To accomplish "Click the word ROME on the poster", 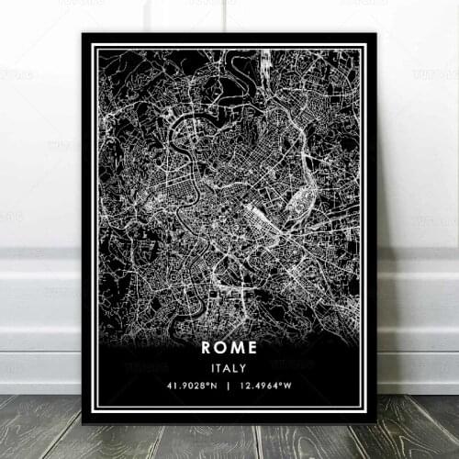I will [230, 349].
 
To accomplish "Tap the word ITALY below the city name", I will [230, 368].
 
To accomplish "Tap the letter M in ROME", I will [240, 349].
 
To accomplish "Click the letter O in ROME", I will [222, 349].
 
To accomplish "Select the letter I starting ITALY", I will [215, 368].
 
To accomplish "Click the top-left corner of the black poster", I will [83, 34].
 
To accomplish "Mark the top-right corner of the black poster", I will [376, 34].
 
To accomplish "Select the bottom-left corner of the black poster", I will [83, 423].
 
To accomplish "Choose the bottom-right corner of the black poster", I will [376, 423].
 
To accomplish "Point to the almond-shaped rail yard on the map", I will [301, 200].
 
